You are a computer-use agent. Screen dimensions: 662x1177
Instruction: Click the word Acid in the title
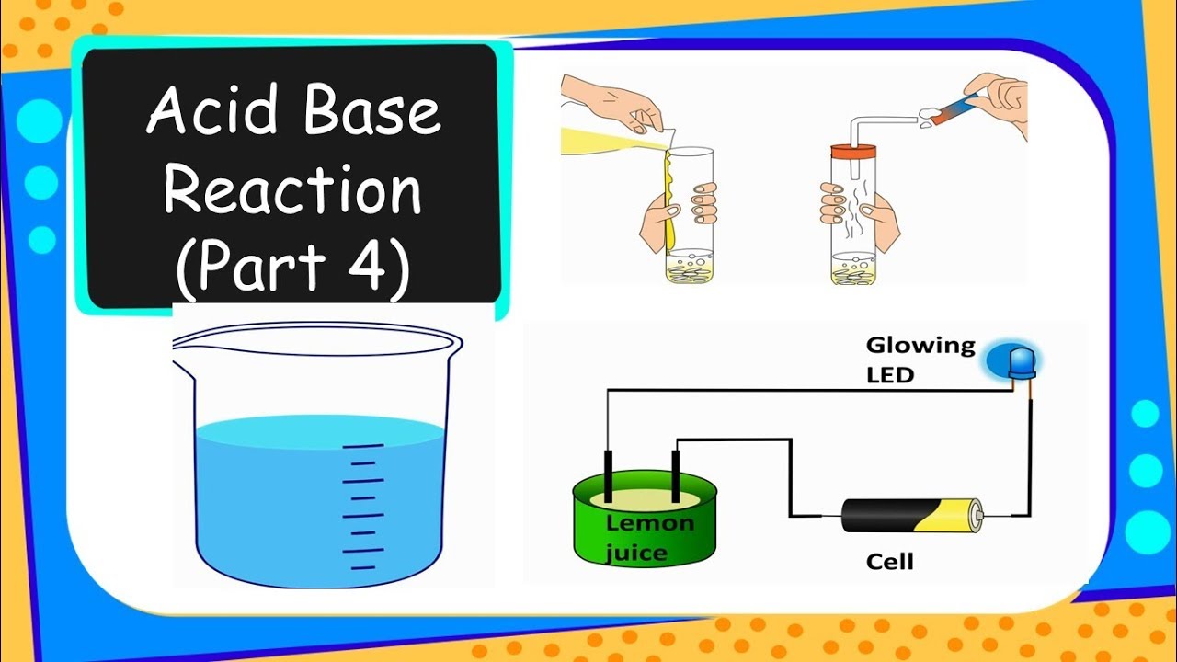(x=200, y=112)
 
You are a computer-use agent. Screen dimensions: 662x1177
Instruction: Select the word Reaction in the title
(x=292, y=191)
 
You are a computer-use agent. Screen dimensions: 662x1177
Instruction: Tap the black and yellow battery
(x=911, y=515)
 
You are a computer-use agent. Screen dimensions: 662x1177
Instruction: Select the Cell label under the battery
(x=890, y=561)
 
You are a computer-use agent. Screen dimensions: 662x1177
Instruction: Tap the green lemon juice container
(x=645, y=542)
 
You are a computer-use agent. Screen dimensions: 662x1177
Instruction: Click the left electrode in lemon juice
(x=608, y=474)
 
